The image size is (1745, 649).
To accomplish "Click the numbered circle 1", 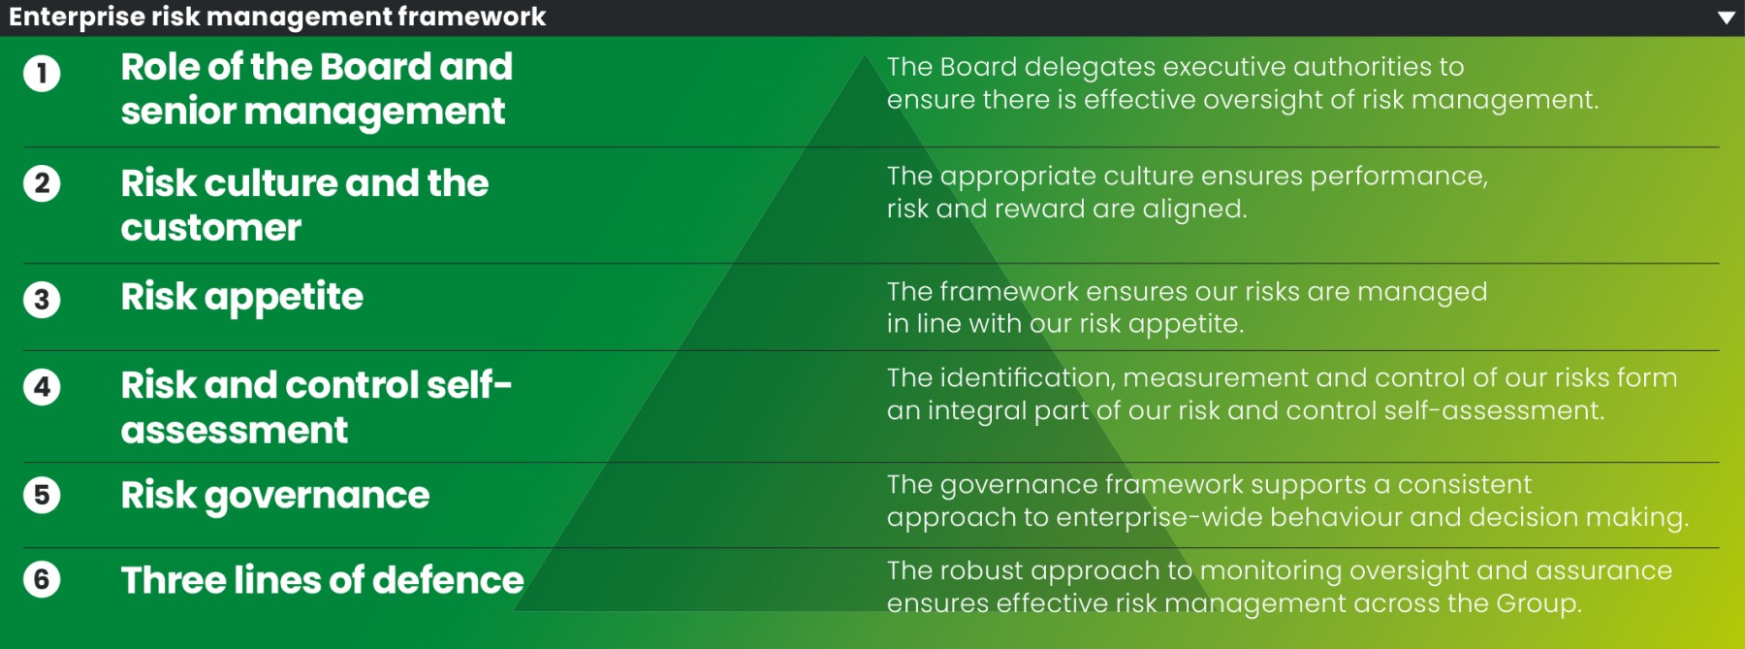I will pyautogui.click(x=42, y=74).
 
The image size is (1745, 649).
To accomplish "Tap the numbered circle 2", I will pyautogui.click(x=42, y=183).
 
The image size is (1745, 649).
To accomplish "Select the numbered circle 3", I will pyautogui.click(x=42, y=300).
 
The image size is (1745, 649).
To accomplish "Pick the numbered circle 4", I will pyautogui.click(x=42, y=387).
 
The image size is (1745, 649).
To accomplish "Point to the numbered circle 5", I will pyautogui.click(x=42, y=495).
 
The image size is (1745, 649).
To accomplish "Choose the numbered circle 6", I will pyautogui.click(x=42, y=579).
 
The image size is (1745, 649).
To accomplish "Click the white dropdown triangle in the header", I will pyautogui.click(x=1726, y=17).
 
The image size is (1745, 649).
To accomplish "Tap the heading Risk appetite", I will pyautogui.click(x=241, y=297).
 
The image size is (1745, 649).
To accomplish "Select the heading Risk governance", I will pyautogui.click(x=274, y=496).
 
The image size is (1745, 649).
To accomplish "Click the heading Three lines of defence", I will pyautogui.click(x=322, y=580).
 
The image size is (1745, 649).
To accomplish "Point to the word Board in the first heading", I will pyautogui.click(x=375, y=67).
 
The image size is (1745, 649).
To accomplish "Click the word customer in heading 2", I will pyautogui.click(x=210, y=228).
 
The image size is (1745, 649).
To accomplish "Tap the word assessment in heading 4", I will pyautogui.click(x=234, y=430).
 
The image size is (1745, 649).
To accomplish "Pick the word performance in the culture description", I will pyautogui.click(x=1397, y=177).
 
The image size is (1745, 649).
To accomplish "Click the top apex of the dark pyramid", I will pyautogui.click(x=865, y=56).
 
